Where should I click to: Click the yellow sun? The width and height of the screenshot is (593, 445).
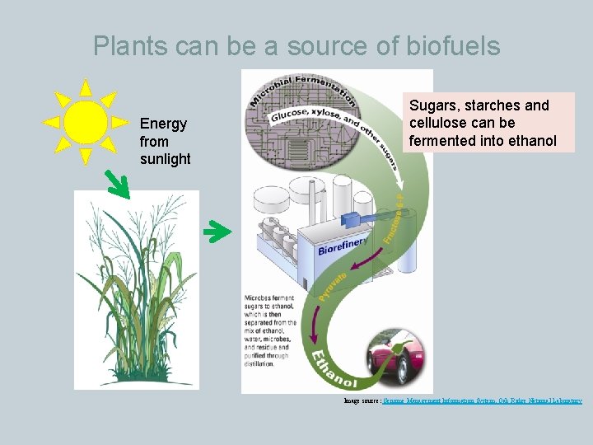point(85,122)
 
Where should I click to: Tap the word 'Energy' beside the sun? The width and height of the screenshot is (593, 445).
point(163,124)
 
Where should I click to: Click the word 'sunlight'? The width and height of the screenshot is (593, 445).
point(165,159)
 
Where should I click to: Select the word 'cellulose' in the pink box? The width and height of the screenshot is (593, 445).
point(438,123)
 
